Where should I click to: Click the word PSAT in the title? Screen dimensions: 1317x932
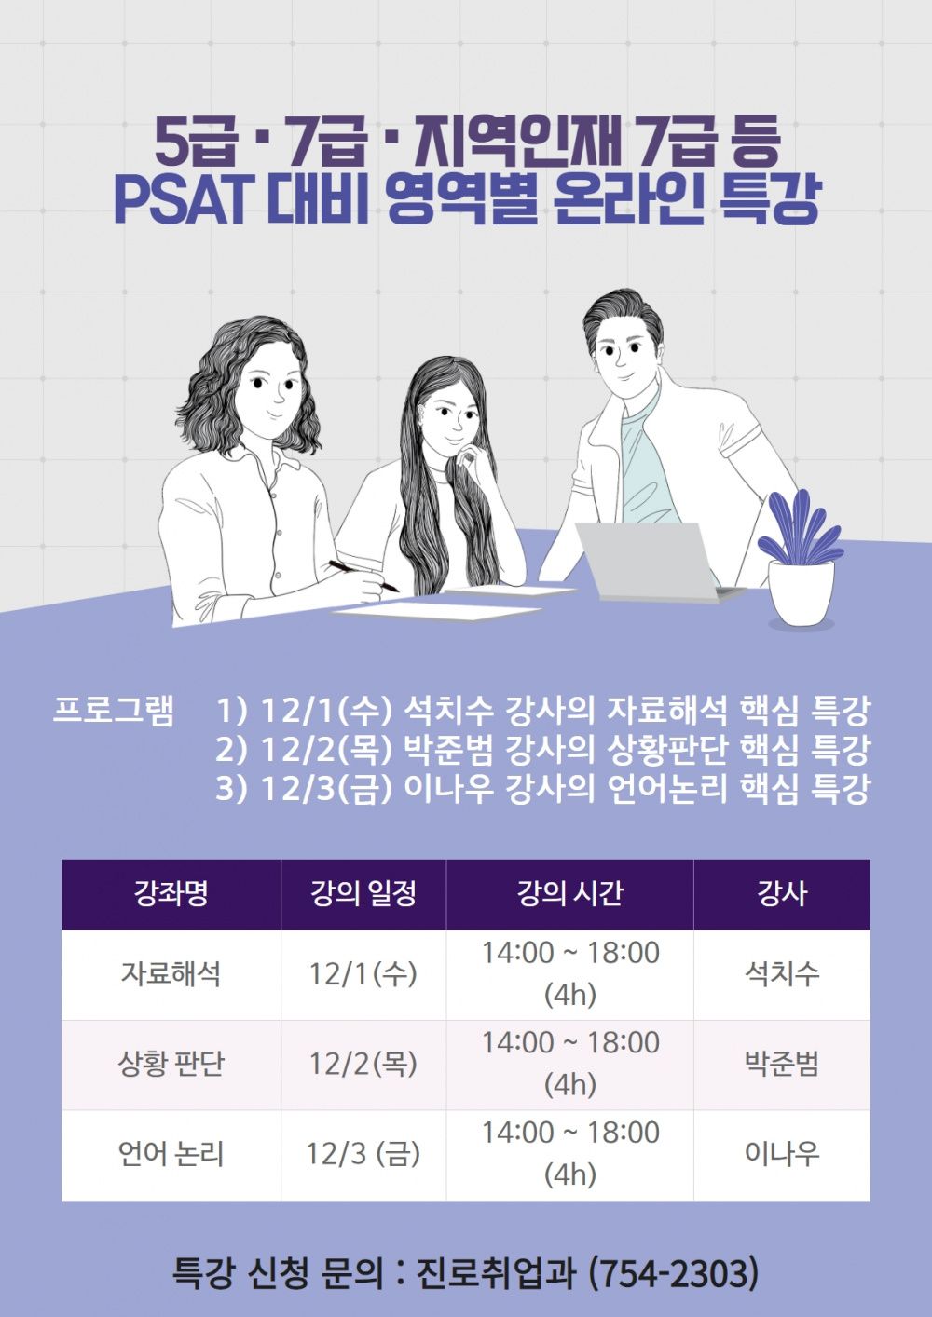tap(183, 197)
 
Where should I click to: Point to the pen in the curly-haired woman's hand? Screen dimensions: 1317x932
tap(363, 576)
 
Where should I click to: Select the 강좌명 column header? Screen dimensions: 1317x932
tap(171, 894)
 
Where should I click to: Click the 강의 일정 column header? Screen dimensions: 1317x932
tap(363, 894)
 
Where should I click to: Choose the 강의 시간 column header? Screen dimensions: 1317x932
tap(569, 894)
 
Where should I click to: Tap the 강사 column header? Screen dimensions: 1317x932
tap(781, 894)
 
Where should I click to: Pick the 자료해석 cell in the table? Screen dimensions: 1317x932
tap(171, 974)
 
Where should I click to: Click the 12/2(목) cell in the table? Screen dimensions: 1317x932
tap(363, 1064)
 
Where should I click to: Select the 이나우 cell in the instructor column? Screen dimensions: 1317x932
tap(781, 1154)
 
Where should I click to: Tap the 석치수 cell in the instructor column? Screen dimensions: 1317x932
tap(781, 974)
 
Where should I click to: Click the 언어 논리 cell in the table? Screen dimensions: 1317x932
tap(171, 1154)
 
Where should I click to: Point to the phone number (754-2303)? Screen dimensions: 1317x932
tap(675, 1273)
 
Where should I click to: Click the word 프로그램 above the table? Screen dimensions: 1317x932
tap(114, 710)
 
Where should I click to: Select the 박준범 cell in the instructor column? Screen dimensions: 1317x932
tap(781, 1064)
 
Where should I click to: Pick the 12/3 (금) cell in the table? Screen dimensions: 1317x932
tap(363, 1154)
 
